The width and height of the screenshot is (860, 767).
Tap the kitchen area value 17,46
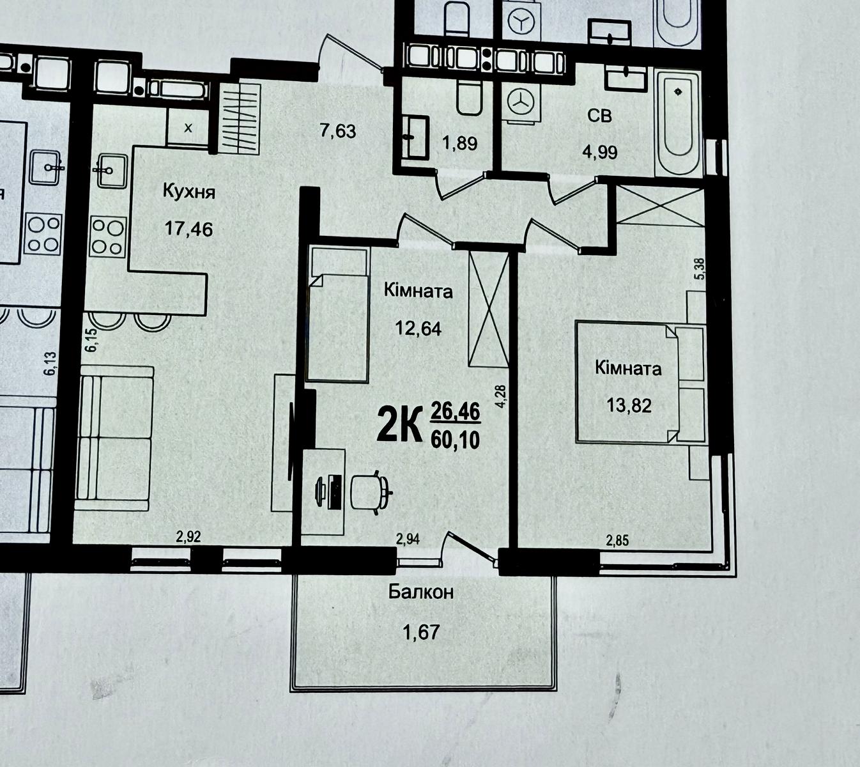click(x=188, y=229)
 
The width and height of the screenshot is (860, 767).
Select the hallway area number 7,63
click(x=338, y=131)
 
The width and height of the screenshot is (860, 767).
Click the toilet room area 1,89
click(x=460, y=144)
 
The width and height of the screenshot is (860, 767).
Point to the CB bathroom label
click(x=600, y=116)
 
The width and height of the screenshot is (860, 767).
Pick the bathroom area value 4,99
click(x=599, y=151)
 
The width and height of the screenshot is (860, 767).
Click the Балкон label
click(x=421, y=592)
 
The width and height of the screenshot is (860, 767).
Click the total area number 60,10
click(x=455, y=440)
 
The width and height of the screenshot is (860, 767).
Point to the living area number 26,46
click(x=455, y=412)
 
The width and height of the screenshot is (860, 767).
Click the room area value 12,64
click(x=418, y=329)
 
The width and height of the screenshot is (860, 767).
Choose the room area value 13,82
click(x=629, y=406)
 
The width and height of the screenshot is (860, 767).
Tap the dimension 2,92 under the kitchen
click(x=188, y=537)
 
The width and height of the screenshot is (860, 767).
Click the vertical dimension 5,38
click(x=700, y=269)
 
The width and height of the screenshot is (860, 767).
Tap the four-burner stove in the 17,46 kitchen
click(x=109, y=237)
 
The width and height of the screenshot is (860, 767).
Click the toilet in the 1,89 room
click(x=468, y=98)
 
